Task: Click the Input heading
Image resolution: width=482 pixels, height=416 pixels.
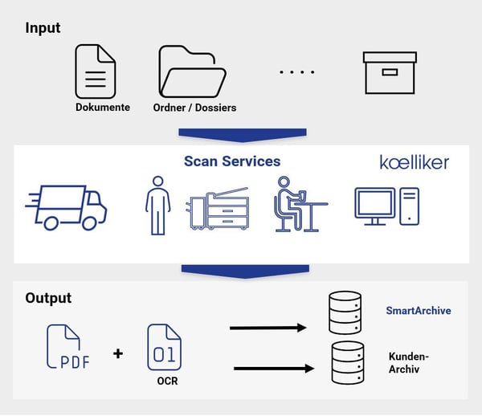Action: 43,28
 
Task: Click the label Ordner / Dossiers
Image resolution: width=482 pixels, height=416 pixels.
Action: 194,108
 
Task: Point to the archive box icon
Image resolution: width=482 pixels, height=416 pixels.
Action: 390,73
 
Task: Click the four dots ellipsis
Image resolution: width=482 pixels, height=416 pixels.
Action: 297,72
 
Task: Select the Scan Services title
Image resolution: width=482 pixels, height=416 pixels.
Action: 232,161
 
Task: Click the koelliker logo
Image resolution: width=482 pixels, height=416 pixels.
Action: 414,162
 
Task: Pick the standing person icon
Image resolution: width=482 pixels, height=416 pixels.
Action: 158,206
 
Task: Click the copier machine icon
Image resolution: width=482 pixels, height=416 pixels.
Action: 219,208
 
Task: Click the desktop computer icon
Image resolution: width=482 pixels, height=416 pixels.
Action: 386,206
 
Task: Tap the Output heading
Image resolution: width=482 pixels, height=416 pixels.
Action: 48,298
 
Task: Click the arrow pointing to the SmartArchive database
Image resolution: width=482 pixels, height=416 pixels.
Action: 268,328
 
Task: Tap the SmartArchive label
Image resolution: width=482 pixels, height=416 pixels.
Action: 419,311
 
